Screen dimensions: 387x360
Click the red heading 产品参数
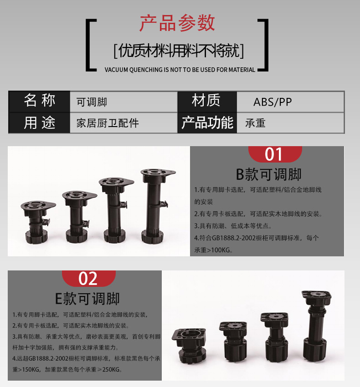[177, 23]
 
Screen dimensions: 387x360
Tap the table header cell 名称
[39, 101]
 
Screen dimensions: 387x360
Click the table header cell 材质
[206, 101]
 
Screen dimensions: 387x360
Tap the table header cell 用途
[39, 123]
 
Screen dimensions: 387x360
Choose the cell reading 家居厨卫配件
[108, 123]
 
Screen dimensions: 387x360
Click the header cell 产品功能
[207, 123]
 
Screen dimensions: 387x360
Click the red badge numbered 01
[274, 154]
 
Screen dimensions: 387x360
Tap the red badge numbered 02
[88, 278]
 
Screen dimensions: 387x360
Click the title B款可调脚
[268, 174]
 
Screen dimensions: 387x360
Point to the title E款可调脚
[87, 299]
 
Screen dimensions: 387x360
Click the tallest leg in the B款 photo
[157, 205]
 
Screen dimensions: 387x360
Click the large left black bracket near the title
[90, 45]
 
